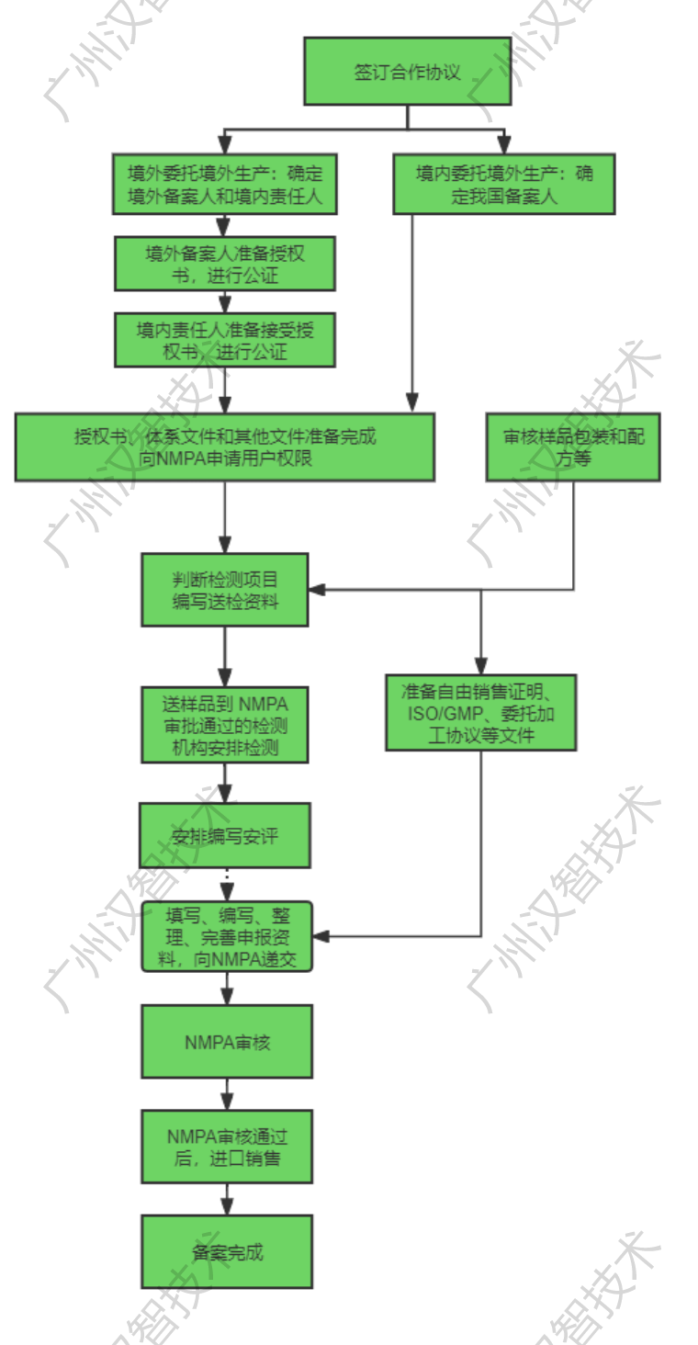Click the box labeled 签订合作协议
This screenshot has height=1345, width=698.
click(x=407, y=72)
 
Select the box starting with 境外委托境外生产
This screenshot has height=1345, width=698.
click(x=224, y=184)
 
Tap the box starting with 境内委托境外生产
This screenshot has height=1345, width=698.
click(x=503, y=184)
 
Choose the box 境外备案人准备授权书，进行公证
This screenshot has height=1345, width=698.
click(x=224, y=264)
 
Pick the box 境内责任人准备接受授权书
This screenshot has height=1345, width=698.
click(x=224, y=340)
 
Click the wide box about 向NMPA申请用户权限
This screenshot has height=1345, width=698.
click(x=224, y=446)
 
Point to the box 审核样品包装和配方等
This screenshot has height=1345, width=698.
click(x=573, y=446)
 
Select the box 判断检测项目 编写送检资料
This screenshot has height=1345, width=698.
click(x=224, y=590)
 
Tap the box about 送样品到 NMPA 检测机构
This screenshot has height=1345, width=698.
click(x=224, y=726)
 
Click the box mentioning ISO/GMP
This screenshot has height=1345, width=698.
click(x=480, y=712)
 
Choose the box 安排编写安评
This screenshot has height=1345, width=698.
click(x=224, y=835)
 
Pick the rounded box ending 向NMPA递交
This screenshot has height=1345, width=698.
click(x=227, y=936)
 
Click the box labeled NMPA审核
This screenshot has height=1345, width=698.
click(x=227, y=1041)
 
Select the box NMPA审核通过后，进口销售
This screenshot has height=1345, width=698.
click(x=227, y=1147)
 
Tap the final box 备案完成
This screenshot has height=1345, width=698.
click(x=227, y=1251)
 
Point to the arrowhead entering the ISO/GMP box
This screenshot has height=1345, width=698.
click(x=480, y=667)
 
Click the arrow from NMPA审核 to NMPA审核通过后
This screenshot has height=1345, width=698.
click(x=227, y=1094)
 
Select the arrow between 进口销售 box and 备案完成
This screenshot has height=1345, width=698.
click(x=227, y=1199)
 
